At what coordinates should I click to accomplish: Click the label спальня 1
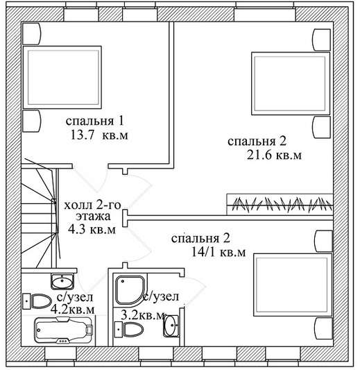pos(94,121)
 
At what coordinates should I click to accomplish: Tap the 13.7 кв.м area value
pos(99,135)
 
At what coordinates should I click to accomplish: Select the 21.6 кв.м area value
pos(274,155)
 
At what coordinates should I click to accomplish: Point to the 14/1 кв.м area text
pos(218,252)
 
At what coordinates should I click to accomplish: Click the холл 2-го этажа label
pos(92,210)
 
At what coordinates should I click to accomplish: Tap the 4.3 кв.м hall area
pos(92,228)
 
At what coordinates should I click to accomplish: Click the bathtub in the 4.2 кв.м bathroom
pos(64,330)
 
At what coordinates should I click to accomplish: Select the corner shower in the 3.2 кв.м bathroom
pos(130,289)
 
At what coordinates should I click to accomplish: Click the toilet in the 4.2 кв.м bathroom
pos(37,301)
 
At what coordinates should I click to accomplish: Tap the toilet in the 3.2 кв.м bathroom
pos(129,329)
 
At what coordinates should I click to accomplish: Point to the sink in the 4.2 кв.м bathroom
pos(62,282)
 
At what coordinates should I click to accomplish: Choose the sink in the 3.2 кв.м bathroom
pos(171,326)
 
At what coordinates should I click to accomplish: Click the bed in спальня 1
pos(62,77)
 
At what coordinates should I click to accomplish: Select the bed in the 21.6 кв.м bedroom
pos(291,83)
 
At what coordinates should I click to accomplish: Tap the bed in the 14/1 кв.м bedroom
pos(293,285)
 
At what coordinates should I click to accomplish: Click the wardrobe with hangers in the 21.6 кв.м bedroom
pos(280,204)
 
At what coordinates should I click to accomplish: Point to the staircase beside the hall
pos(40,216)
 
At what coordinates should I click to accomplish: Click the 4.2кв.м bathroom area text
pos(73,310)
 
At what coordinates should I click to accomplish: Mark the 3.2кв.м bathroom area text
pos(143,315)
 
